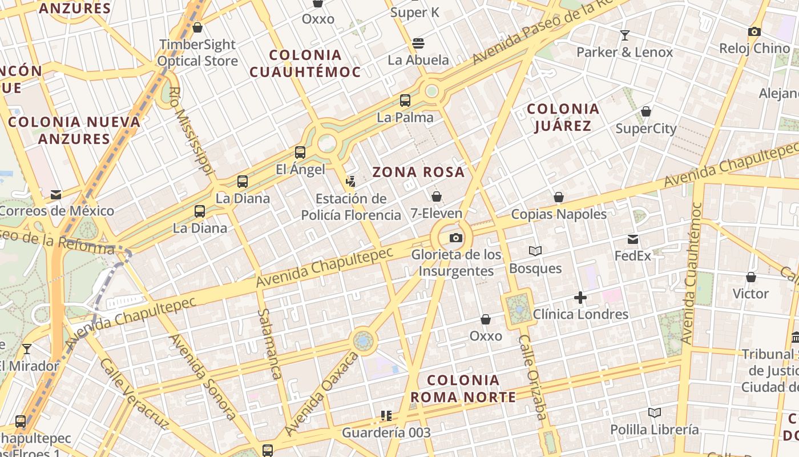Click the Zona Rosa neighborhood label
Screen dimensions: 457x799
[418, 172]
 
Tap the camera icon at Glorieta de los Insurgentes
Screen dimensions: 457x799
[455, 238]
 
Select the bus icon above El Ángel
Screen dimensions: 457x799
[300, 153]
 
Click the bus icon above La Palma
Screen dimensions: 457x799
[405, 101]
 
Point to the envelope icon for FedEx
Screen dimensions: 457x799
[633, 239]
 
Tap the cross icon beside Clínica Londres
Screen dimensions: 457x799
[580, 298]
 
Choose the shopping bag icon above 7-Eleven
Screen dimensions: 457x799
[437, 197]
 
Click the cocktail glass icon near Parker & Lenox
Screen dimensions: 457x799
[625, 35]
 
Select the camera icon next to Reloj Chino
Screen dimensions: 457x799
[754, 32]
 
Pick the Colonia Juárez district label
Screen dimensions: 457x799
[563, 117]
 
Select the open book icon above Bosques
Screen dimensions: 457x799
[535, 251]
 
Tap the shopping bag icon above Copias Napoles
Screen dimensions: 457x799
[559, 197]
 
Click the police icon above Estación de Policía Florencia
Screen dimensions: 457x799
[351, 182]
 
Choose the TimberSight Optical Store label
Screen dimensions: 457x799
[197, 53]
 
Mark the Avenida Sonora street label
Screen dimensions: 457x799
[203, 377]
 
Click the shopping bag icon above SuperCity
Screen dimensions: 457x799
[646, 111]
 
